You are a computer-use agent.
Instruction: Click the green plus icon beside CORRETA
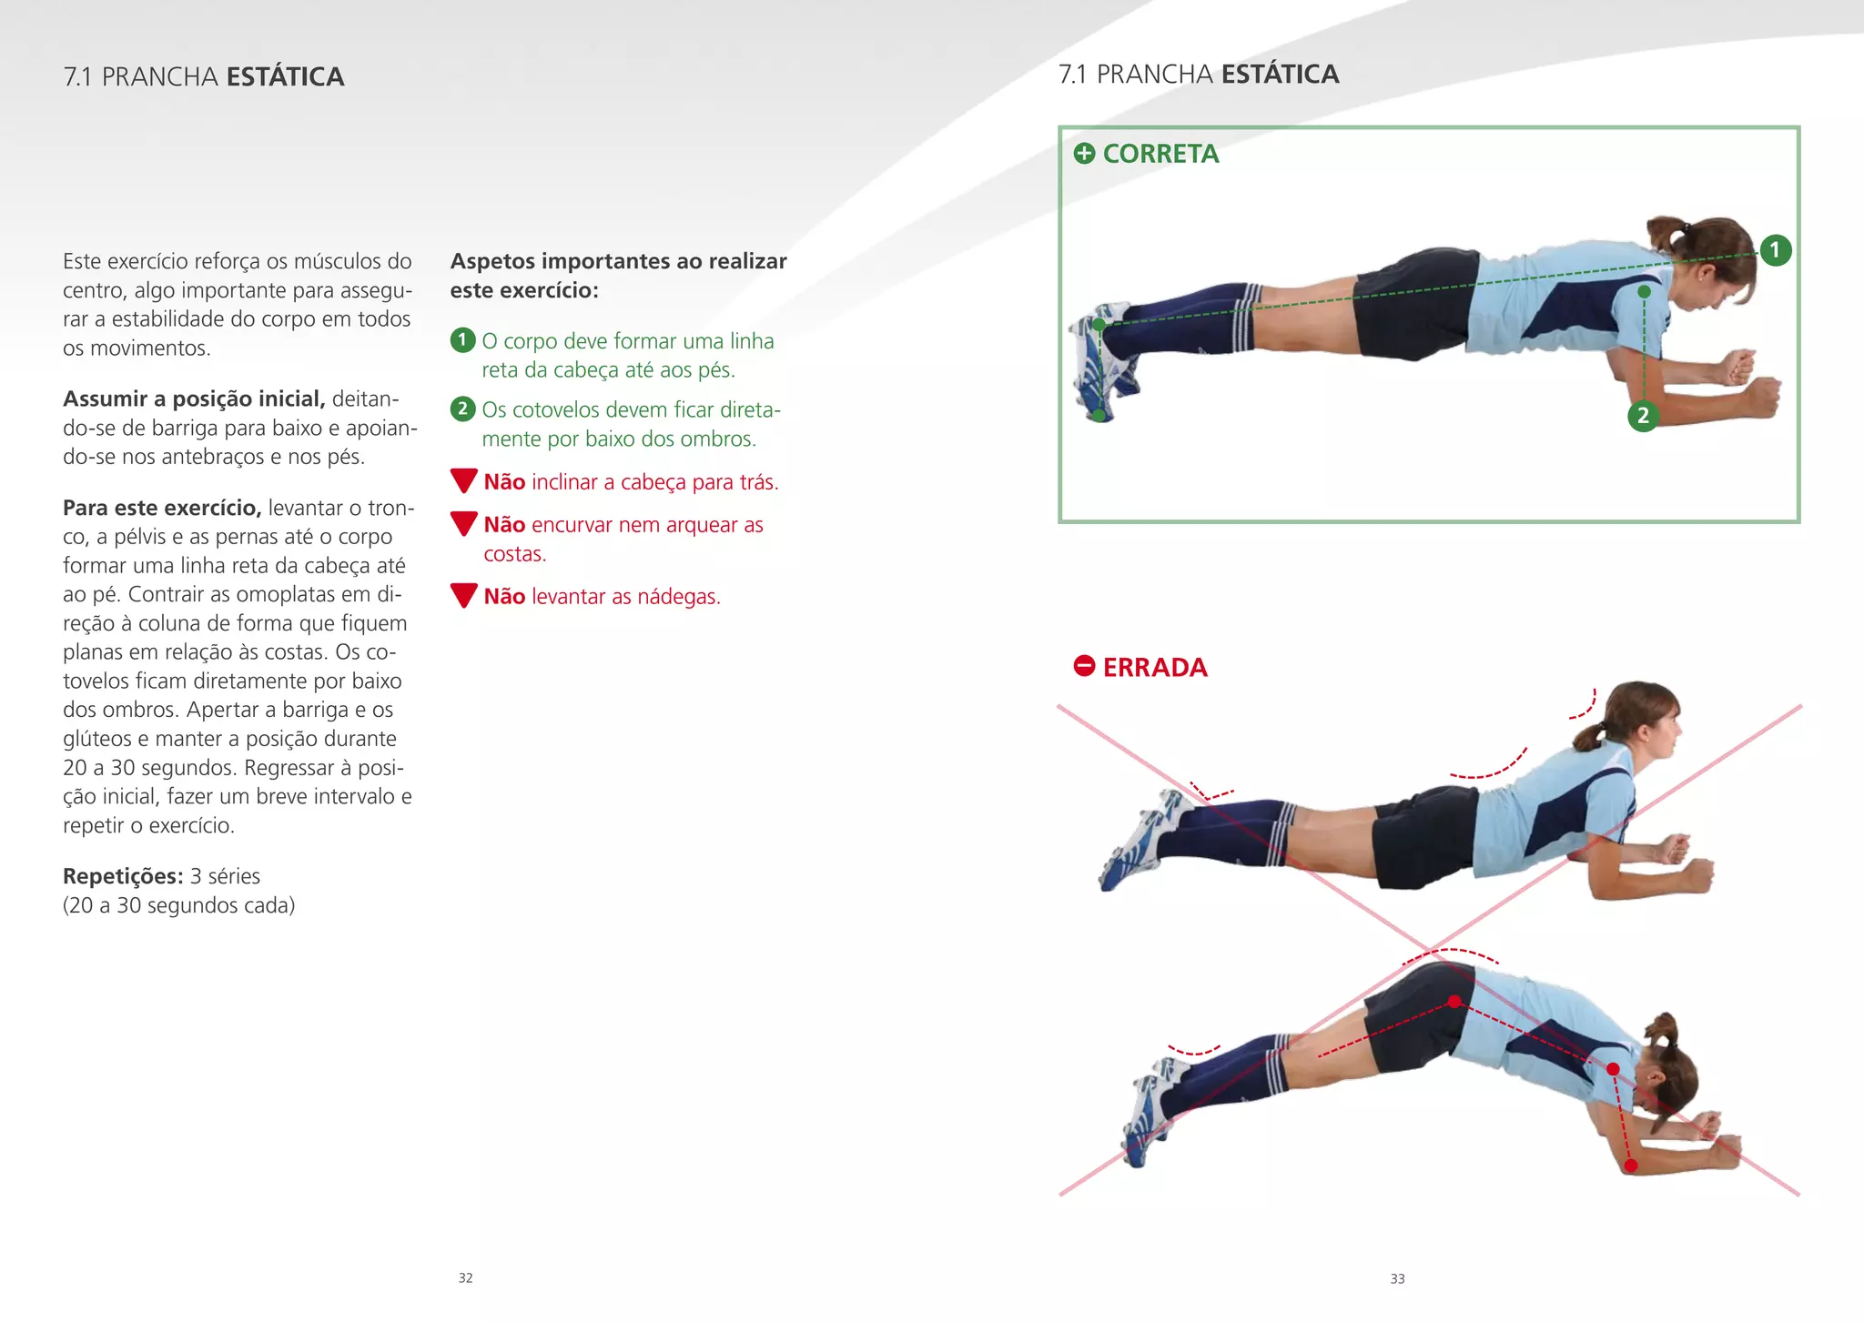[x=1084, y=154]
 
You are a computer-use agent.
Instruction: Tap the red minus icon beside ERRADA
[x=1084, y=666]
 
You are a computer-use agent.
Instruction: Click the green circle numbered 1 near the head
[x=1775, y=250]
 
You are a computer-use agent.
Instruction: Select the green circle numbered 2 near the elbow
[x=1643, y=416]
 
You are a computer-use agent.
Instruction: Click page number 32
[x=465, y=1278]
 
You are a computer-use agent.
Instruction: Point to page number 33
[x=1397, y=1279]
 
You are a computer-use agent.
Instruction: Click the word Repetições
[x=123, y=876]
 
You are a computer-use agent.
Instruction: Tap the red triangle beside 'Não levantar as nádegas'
[x=464, y=596]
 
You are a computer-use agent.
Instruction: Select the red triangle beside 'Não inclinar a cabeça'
[x=464, y=480]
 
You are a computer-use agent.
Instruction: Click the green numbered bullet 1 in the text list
[x=462, y=340]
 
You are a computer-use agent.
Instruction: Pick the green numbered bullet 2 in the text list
[x=462, y=409]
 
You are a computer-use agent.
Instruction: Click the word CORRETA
[x=1160, y=154]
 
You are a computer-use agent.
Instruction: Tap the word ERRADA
[x=1155, y=668]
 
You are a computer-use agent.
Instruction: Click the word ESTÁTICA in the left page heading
[x=285, y=77]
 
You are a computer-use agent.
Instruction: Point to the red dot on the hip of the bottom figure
[x=1454, y=1002]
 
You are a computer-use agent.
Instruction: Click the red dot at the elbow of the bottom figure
[x=1631, y=1166]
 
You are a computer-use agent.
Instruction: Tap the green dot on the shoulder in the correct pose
[x=1644, y=292]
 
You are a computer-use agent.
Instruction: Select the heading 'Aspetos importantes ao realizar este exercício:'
[x=618, y=276]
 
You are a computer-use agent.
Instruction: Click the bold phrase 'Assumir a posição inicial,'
[x=194, y=399]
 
